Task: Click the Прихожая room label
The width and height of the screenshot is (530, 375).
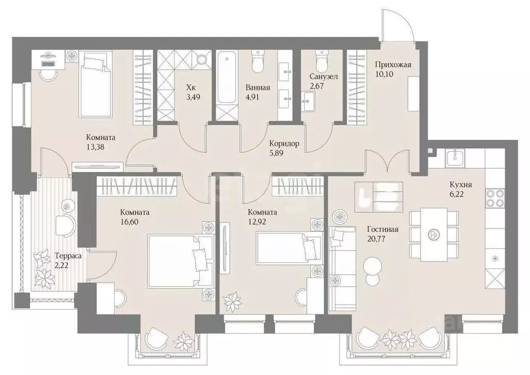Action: [x=393, y=65]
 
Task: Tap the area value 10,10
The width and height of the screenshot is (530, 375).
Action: [x=385, y=74]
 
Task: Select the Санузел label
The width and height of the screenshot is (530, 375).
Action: [x=323, y=77]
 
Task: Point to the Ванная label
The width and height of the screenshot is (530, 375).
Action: [x=258, y=88]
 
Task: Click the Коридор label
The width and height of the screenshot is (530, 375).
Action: [x=284, y=143]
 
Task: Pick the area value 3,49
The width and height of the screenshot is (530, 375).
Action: [x=194, y=97]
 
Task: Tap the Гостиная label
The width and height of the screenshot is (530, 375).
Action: [x=382, y=229]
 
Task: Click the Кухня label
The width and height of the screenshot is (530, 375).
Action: [x=461, y=184]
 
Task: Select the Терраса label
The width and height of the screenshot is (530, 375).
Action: [x=68, y=256]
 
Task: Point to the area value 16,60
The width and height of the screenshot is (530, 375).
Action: [x=129, y=222]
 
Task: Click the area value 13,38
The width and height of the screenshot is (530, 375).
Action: [x=95, y=147]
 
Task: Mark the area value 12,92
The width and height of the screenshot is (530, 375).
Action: [x=257, y=222]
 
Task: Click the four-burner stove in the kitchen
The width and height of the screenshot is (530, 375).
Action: [x=495, y=197]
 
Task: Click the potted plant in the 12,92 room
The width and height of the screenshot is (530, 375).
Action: [x=232, y=301]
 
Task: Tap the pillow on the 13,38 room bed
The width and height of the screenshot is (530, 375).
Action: [x=93, y=63]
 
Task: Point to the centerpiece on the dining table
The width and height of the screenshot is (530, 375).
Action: [x=433, y=234]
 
